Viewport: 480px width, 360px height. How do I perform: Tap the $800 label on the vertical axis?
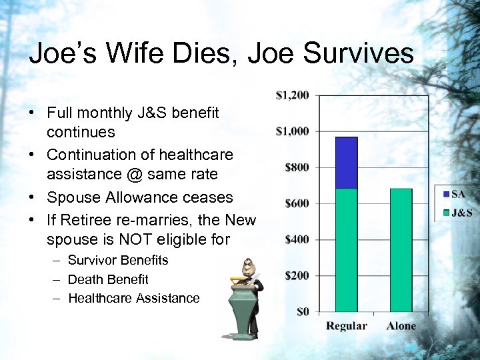coord(297,167)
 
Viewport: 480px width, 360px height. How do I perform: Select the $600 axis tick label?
coord(297,203)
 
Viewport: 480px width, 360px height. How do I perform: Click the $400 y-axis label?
coord(297,239)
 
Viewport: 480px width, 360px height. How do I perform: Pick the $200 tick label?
coord(297,275)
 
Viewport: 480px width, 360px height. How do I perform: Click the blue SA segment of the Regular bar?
coord(346,163)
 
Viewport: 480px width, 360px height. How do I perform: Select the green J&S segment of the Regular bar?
coord(346,250)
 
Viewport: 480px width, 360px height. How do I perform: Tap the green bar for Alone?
coord(401,250)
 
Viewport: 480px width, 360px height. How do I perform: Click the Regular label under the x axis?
coord(346,326)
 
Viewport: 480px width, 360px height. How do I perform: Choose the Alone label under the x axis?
coord(401,326)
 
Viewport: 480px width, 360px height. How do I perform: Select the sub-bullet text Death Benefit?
coord(108,279)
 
